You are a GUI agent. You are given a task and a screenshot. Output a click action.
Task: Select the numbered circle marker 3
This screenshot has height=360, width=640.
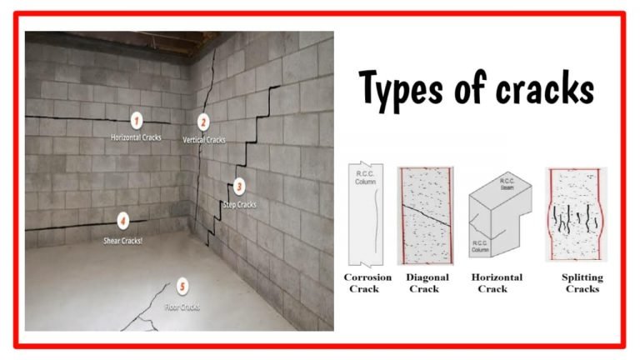pos(239,187)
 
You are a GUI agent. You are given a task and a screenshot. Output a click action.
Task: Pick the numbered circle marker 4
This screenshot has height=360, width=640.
pos(122,222)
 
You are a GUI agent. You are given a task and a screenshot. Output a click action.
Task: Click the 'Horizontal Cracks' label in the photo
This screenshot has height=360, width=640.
pos(137,137)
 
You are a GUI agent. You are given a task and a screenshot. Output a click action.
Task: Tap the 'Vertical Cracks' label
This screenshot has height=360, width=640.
pos(204,140)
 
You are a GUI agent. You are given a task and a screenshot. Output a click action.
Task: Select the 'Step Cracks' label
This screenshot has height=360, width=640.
pos(240,203)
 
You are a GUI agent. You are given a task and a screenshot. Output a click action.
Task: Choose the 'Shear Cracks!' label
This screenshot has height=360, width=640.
pos(122,239)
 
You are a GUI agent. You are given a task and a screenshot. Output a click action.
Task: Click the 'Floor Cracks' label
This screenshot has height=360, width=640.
pos(182,306)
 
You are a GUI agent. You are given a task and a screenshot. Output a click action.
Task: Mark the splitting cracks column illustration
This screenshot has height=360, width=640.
pos(576,216)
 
